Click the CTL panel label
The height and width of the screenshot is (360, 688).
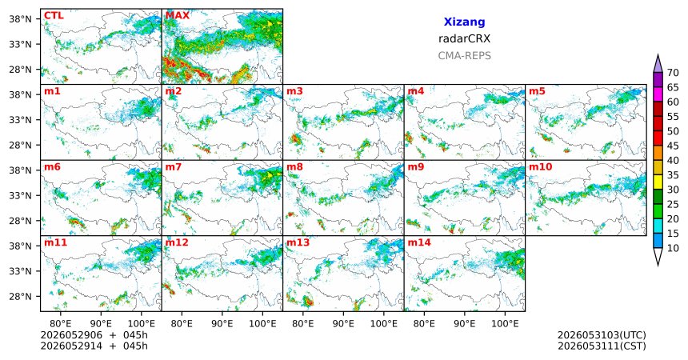[54, 16]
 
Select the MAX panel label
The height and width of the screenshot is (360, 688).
[178, 16]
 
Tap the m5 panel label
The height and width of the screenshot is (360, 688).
[537, 91]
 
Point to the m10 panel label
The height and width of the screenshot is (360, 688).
[541, 167]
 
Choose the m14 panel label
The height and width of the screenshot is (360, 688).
[419, 242]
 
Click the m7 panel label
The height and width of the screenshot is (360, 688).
[174, 167]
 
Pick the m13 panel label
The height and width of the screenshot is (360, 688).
[298, 242]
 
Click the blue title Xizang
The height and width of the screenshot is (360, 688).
[464, 22]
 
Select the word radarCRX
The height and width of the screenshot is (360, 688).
[464, 38]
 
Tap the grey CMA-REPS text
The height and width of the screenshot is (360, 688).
[464, 56]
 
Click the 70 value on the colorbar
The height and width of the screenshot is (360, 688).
[673, 73]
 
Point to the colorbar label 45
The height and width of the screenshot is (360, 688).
[673, 146]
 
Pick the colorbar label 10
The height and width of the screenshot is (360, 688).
[673, 248]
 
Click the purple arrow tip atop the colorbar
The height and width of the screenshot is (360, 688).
[658, 55]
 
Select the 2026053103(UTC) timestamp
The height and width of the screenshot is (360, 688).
[602, 335]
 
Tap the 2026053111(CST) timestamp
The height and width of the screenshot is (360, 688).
[602, 346]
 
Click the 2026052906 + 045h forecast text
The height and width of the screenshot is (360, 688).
[94, 335]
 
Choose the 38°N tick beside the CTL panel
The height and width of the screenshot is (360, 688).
[21, 18]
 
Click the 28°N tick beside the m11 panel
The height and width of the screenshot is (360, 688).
[21, 296]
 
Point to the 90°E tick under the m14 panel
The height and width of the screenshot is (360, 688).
[465, 324]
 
